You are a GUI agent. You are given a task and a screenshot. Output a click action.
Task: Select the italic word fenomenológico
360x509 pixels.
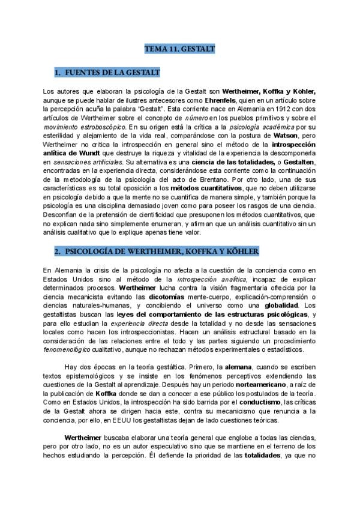(x=70, y=350)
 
